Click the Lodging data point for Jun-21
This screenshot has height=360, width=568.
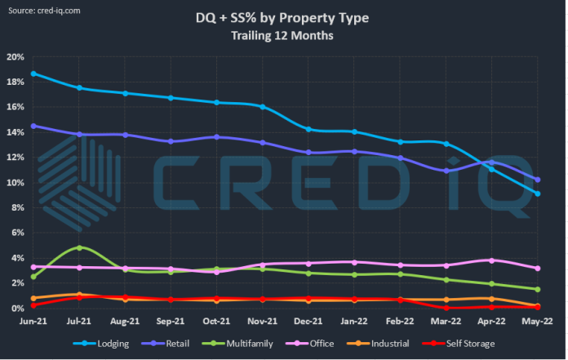pyautogui.click(x=33, y=73)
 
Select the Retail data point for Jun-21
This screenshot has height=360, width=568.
pyautogui.click(x=33, y=126)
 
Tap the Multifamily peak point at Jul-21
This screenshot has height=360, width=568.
pyautogui.click(x=79, y=247)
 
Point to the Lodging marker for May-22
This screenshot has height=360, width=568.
pyautogui.click(x=538, y=193)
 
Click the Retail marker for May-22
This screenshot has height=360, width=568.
pyautogui.click(x=538, y=180)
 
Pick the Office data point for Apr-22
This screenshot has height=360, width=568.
pyautogui.click(x=492, y=260)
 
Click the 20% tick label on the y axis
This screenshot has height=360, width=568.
pyautogui.click(x=16, y=57)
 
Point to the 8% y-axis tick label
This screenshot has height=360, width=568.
pyautogui.click(x=18, y=208)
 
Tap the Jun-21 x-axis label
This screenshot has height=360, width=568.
pyautogui.click(x=33, y=322)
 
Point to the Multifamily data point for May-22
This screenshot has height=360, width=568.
pyautogui.click(x=538, y=289)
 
